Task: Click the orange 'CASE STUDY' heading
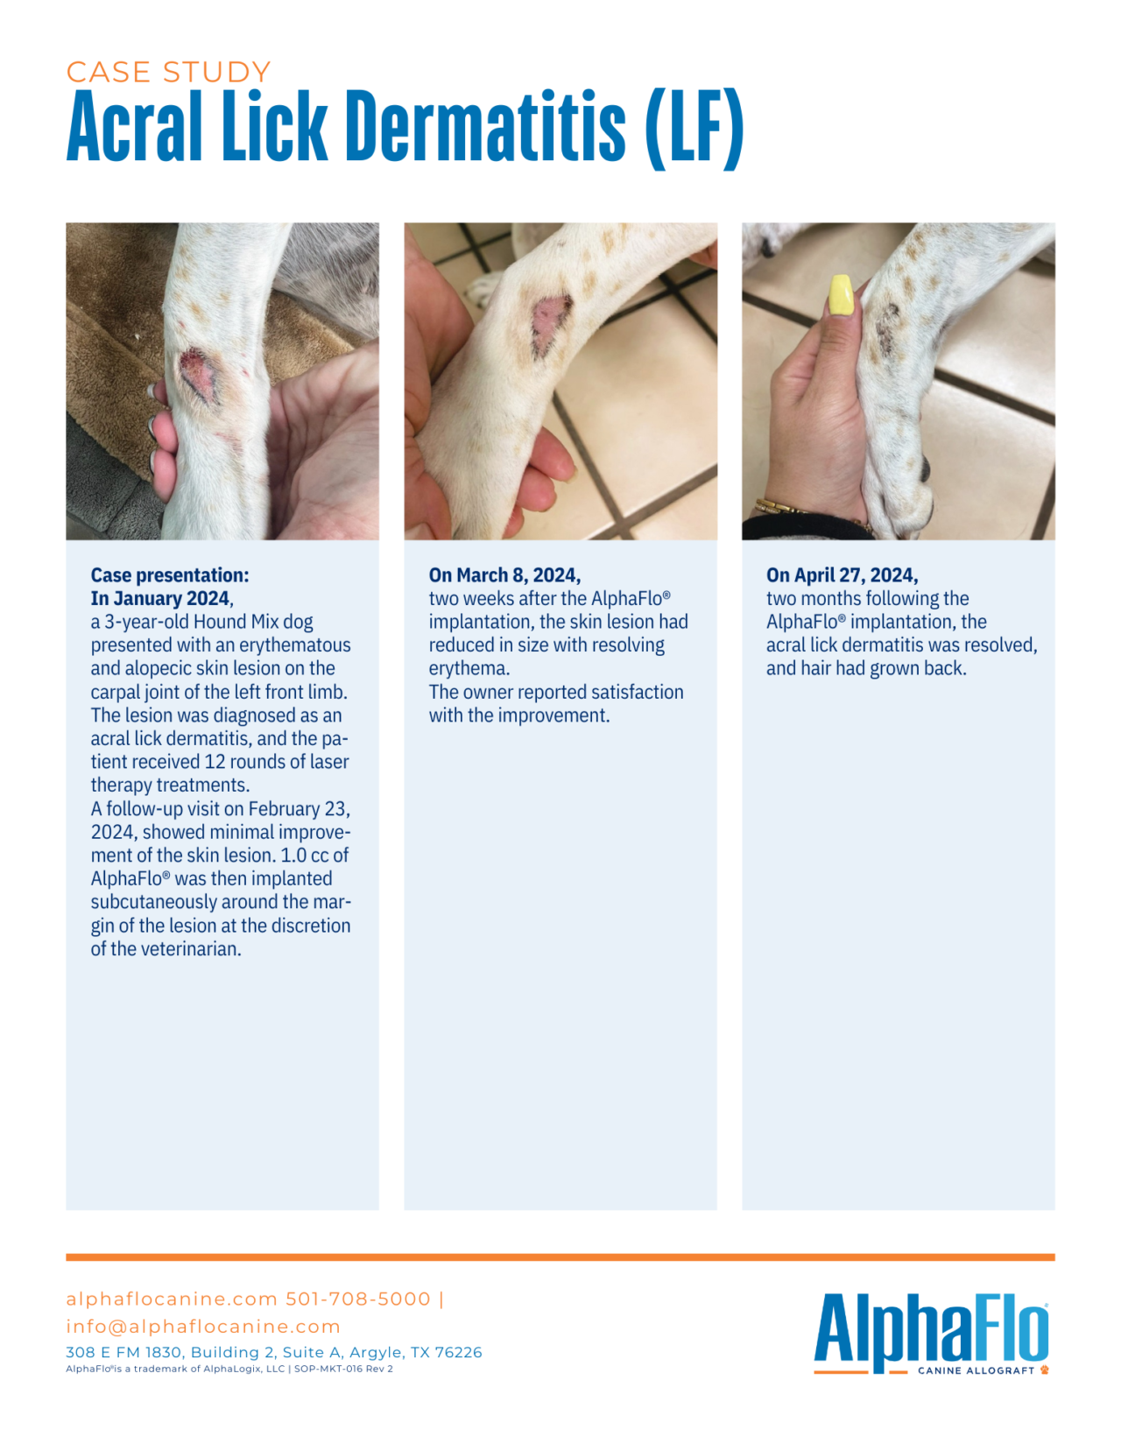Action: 168,72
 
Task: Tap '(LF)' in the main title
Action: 694,130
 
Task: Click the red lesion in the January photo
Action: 198,376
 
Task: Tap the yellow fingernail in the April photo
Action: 841,295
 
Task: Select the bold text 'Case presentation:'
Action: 170,575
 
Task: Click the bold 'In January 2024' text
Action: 161,599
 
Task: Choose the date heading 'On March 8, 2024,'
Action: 504,575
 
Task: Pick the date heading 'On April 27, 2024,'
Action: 842,575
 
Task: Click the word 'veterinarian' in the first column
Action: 185,949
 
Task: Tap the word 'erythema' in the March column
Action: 468,669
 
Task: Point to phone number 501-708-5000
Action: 358,1299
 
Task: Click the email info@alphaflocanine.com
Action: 203,1327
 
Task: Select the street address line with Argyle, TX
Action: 273,1352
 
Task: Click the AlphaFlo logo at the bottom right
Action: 930,1331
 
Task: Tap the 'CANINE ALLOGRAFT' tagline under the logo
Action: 976,1370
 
